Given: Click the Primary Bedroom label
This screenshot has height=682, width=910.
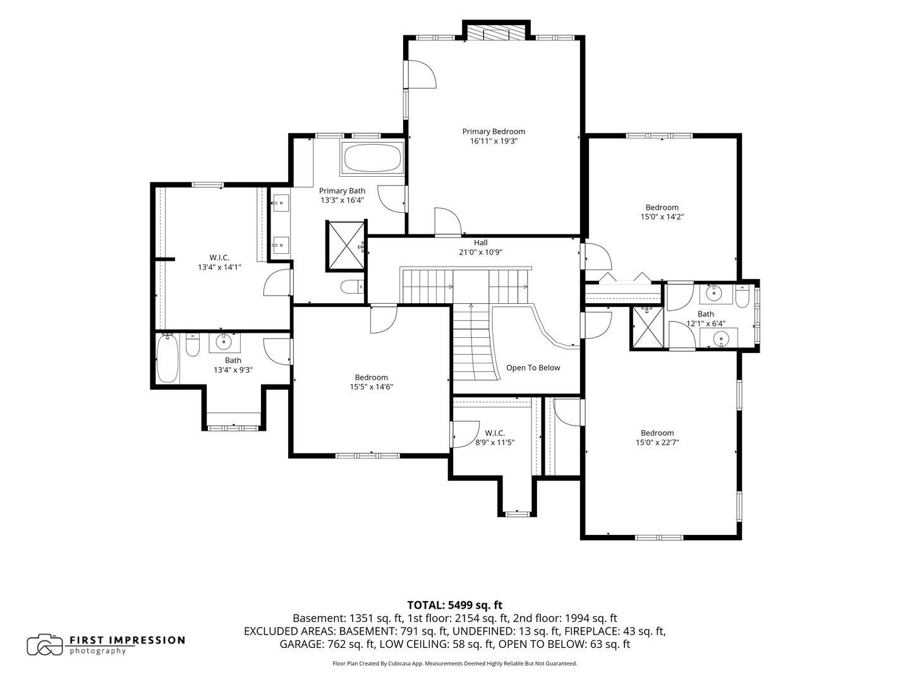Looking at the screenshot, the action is pyautogui.click(x=494, y=131).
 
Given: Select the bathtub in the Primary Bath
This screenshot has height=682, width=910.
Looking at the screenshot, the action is pyautogui.click(x=372, y=157).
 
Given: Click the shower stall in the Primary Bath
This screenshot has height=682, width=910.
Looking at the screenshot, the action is pyautogui.click(x=346, y=245).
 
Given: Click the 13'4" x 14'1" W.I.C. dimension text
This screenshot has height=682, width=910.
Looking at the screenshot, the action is pyautogui.click(x=219, y=267).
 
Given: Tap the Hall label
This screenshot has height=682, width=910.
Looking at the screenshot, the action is pyautogui.click(x=480, y=242).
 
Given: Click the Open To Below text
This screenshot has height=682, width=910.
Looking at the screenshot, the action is pyautogui.click(x=533, y=368).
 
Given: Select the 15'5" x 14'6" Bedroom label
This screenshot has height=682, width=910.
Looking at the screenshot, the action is pyautogui.click(x=371, y=377).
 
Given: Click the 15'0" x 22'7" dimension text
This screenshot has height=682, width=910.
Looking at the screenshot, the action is pyautogui.click(x=657, y=442).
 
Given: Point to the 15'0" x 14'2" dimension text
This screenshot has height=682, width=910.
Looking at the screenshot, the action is pyautogui.click(x=662, y=217).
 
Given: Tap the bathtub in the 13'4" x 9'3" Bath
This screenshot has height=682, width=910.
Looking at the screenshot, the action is pyautogui.click(x=167, y=359).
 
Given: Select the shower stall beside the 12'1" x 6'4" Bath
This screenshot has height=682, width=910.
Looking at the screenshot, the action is pyautogui.click(x=646, y=328).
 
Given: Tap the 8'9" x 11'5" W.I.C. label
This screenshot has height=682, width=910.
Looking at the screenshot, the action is pyautogui.click(x=495, y=433).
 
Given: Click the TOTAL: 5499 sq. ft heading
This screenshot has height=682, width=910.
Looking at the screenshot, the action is pyautogui.click(x=455, y=605).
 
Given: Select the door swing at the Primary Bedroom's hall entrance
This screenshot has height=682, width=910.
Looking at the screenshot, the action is pyautogui.click(x=448, y=221).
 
